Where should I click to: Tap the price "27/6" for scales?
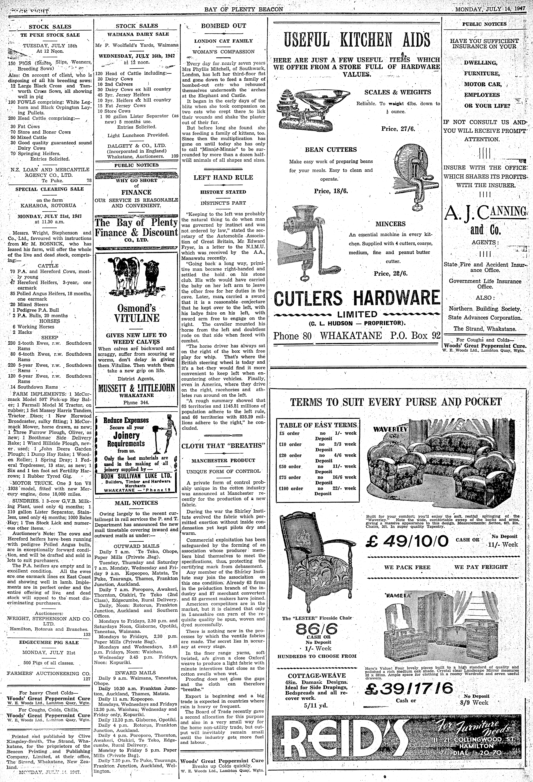394,128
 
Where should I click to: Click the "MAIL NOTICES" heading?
136,503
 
